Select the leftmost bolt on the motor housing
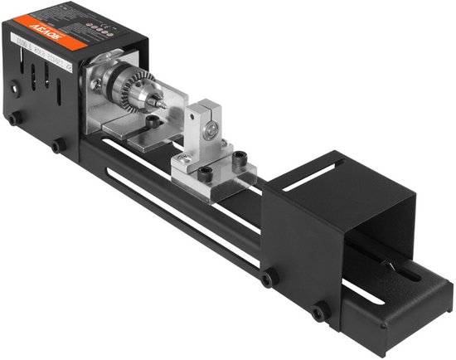pos(14,119)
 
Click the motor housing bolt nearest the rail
pos(57,146)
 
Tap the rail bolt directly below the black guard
pos(266,278)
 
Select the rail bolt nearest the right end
pos(318,312)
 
